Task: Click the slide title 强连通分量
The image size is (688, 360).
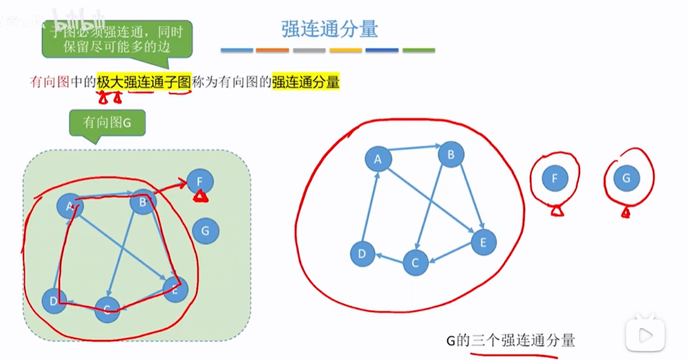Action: point(329,29)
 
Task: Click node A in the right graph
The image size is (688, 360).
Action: point(378,158)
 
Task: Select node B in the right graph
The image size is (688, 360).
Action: point(450,154)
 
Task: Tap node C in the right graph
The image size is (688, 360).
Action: point(415,262)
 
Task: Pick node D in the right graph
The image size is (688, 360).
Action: point(362,254)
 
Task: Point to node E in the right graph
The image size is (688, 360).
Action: point(483,242)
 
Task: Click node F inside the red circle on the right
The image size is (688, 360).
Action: point(555,178)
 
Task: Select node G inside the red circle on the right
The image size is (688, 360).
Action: point(626,178)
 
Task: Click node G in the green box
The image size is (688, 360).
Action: point(206,230)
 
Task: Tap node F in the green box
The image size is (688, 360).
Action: point(200,181)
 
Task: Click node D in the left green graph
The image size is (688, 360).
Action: point(54,301)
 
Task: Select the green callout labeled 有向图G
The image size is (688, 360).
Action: point(107,123)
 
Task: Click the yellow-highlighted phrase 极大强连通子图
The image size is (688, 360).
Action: point(144,82)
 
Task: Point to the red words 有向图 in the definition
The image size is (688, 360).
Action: point(49,82)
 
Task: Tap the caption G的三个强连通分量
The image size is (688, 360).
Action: point(510,340)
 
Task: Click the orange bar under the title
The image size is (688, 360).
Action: point(273,50)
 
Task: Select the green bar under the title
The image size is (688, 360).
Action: point(419,50)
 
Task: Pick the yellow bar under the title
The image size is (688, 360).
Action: point(346,50)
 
